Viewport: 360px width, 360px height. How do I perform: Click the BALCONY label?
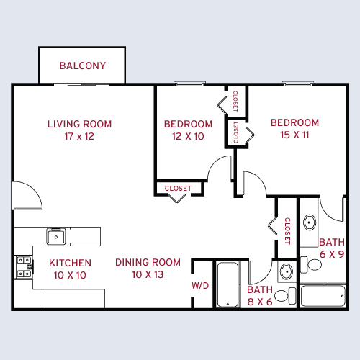pyautogui.click(x=83, y=66)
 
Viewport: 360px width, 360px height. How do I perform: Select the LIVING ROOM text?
pyautogui.click(x=79, y=124)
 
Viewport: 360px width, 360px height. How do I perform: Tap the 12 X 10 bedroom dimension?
pyautogui.click(x=188, y=136)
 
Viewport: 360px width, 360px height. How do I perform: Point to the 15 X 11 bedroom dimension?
pyautogui.click(x=294, y=135)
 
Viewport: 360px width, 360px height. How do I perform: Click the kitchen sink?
pyautogui.click(x=57, y=235)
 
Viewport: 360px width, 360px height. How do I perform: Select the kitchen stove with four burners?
pyautogui.click(x=23, y=267)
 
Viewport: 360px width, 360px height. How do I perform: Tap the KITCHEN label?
pyautogui.click(x=70, y=263)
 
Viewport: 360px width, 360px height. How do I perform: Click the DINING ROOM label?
pyautogui.click(x=148, y=262)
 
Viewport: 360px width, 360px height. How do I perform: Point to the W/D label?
pyautogui.click(x=200, y=286)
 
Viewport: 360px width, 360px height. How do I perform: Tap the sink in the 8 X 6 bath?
pyautogui.click(x=286, y=272)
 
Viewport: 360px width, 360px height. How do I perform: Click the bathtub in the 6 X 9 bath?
pyautogui.click(x=323, y=296)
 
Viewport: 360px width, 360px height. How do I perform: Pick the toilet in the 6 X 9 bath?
pyautogui.click(x=314, y=264)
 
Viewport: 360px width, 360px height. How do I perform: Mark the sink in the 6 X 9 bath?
pyautogui.click(x=310, y=222)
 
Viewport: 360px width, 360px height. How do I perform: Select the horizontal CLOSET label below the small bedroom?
pyautogui.click(x=178, y=189)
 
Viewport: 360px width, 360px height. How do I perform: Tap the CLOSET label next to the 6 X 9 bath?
pyautogui.click(x=287, y=231)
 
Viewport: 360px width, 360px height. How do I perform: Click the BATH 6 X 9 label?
pyautogui.click(x=332, y=248)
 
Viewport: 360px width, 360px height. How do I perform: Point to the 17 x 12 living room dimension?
pyautogui.click(x=79, y=135)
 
